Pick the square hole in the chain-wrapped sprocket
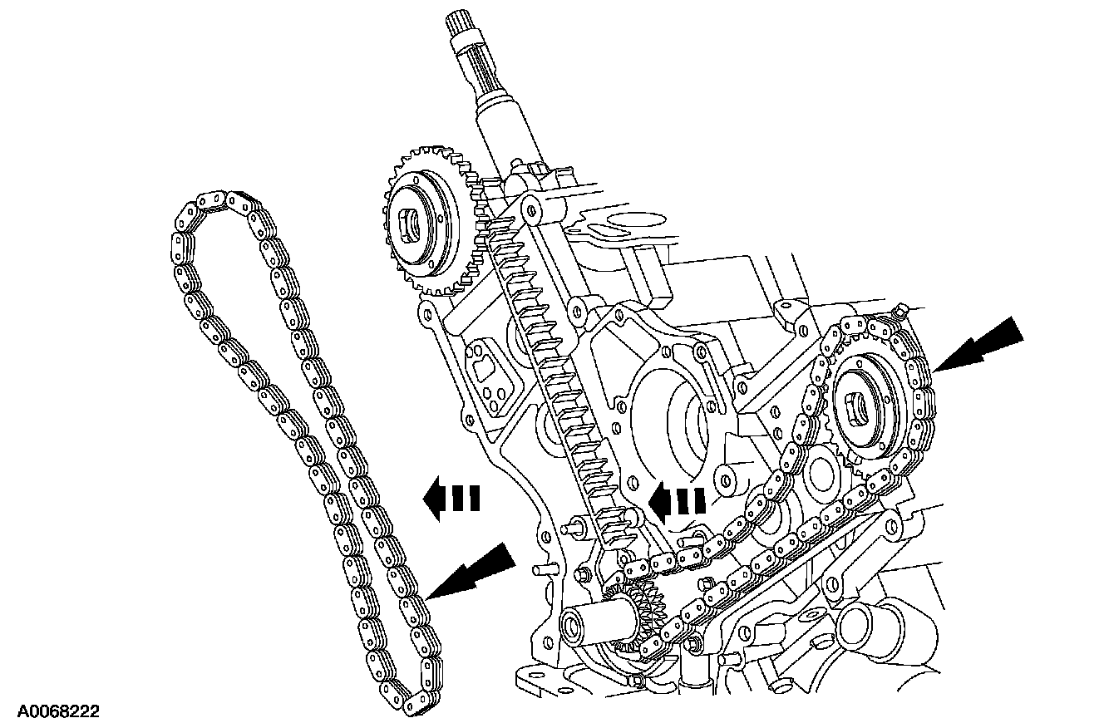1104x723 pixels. tap(857, 410)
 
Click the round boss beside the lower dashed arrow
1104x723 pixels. tap(732, 481)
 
